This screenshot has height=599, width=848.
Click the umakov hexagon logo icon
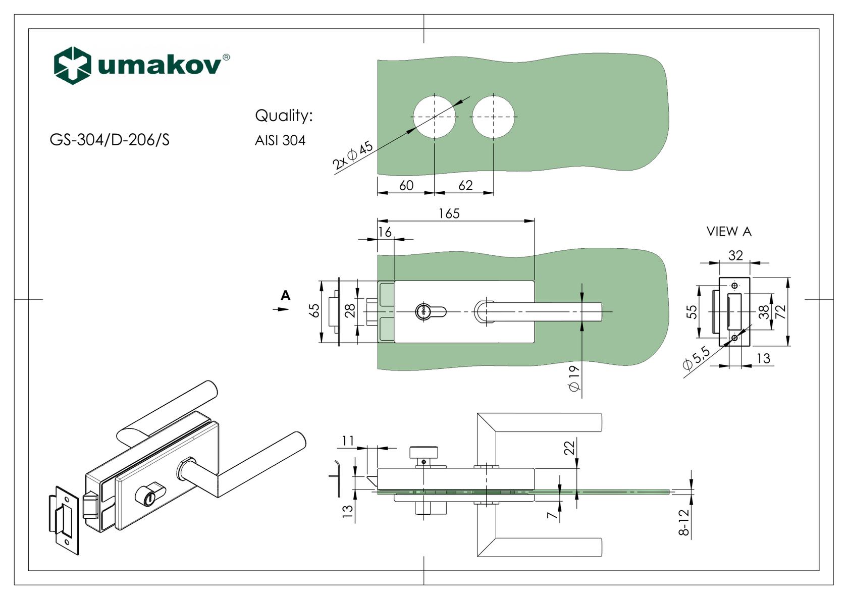73,66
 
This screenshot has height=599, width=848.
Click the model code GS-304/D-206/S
110,140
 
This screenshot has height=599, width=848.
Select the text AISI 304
280,140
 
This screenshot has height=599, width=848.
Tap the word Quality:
284,116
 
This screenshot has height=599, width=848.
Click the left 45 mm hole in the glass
435,117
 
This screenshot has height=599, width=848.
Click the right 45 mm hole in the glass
493,117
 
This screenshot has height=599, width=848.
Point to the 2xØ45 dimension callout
352,155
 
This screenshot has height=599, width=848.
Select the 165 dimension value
449,214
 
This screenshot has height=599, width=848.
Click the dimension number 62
465,186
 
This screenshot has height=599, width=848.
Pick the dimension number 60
406,186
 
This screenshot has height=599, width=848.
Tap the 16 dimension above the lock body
385,232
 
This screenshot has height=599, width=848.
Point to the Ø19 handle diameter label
574,378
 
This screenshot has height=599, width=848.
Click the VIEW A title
729,232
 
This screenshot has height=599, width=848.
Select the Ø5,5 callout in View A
697,358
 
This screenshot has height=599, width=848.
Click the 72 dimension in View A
781,312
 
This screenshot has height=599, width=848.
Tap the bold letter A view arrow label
286,296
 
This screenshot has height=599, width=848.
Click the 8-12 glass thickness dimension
684,522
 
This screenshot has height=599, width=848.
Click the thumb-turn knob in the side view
423,452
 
